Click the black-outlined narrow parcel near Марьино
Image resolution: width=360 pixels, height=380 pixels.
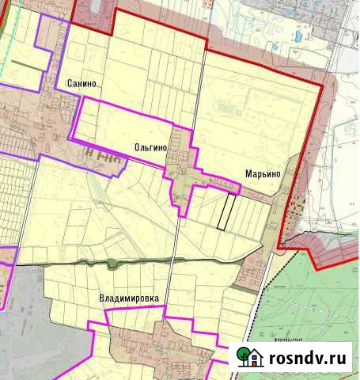[226, 211]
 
